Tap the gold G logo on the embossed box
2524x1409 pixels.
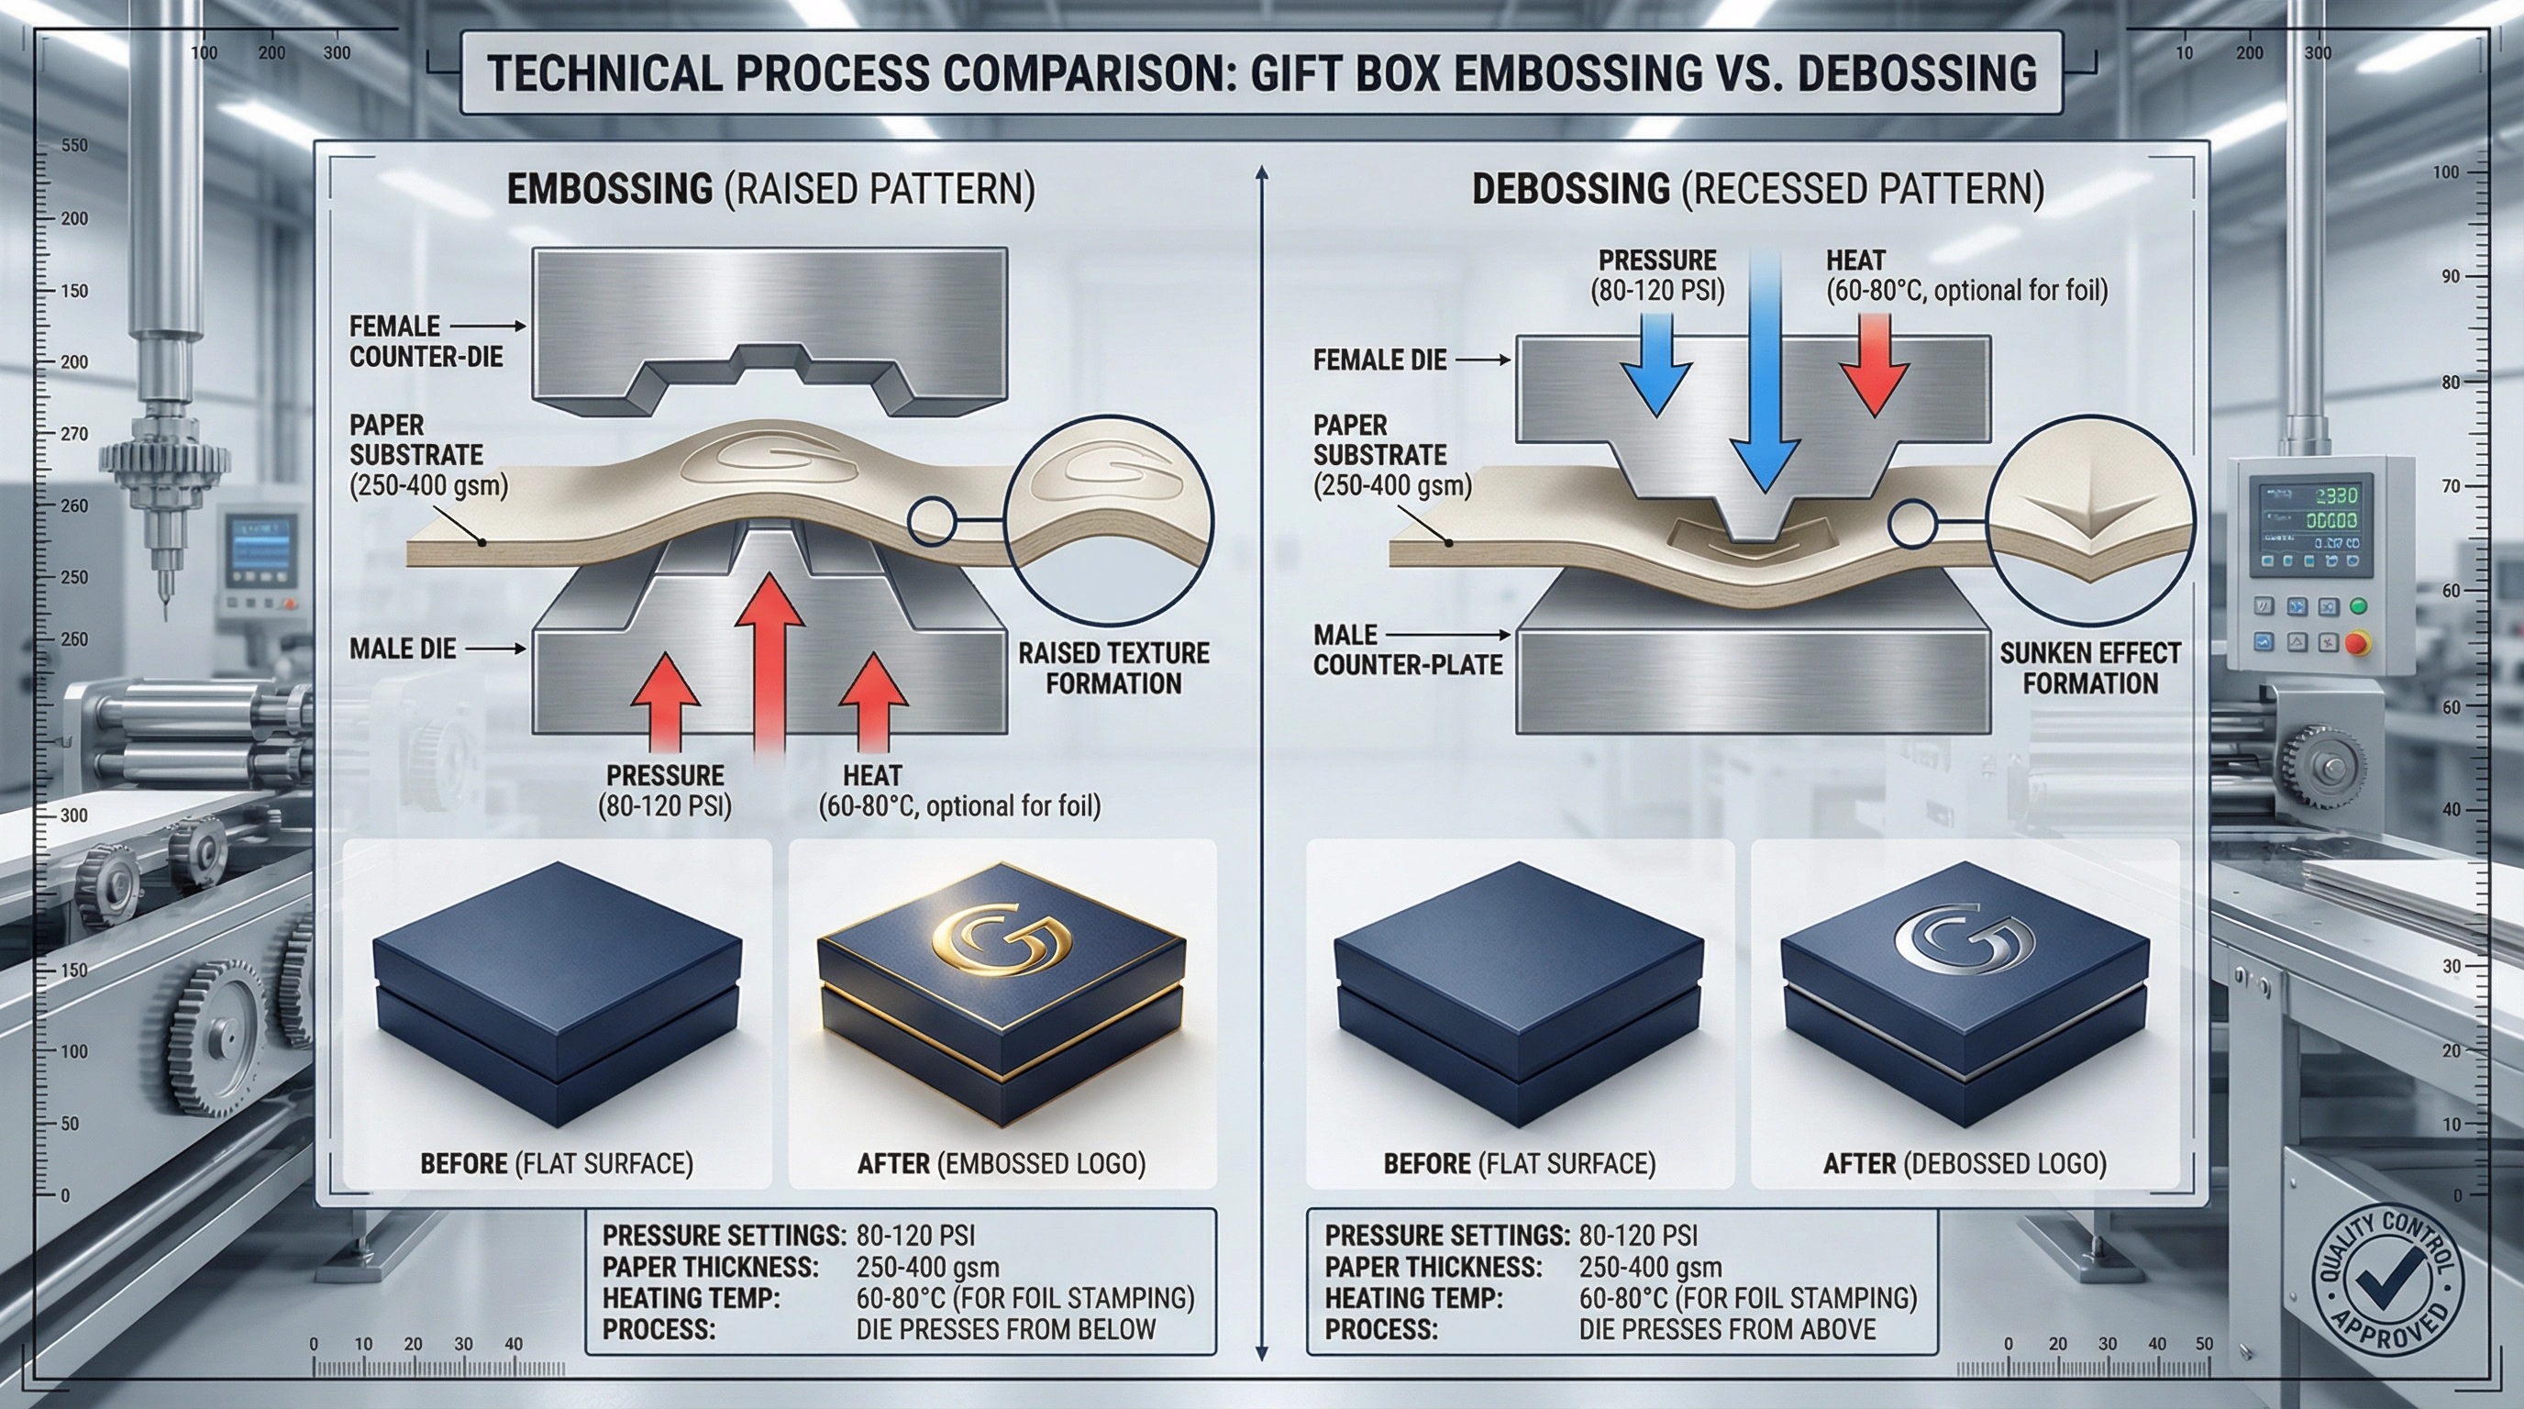(1002, 938)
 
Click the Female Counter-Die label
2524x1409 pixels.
(426, 341)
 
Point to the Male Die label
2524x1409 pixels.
(403, 649)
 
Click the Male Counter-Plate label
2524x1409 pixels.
(1407, 649)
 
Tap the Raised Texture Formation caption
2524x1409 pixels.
(1113, 667)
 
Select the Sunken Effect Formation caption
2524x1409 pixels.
(2090, 667)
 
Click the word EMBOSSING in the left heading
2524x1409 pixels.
(609, 188)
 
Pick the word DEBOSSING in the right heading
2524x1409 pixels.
(1571, 188)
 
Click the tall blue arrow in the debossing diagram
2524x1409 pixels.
(1764, 372)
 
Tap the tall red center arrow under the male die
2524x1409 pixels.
(769, 666)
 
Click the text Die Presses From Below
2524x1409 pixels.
(1005, 1329)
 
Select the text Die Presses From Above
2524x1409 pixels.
(1726, 1329)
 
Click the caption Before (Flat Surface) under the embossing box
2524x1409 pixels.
(557, 1163)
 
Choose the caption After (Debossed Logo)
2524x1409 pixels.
(1965, 1163)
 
